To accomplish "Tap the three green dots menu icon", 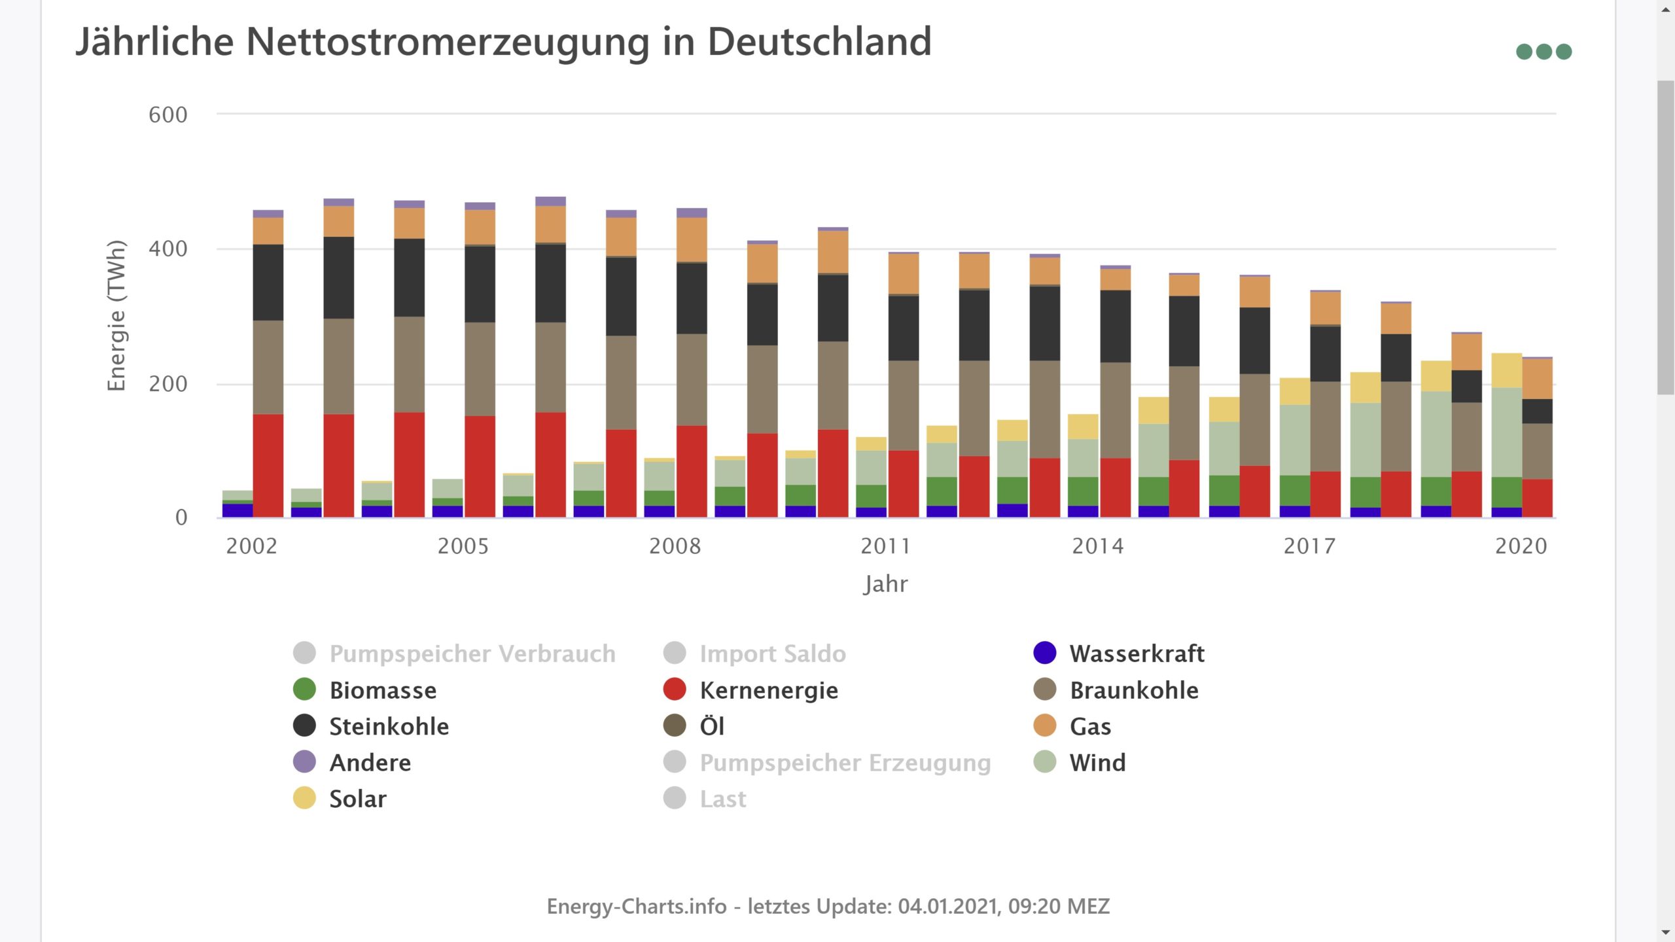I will (x=1543, y=52).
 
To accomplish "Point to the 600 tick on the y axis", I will (x=168, y=115).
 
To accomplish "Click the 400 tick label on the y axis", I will (x=168, y=249).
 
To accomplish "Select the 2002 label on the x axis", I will (x=252, y=546).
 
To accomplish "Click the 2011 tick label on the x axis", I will (x=886, y=546).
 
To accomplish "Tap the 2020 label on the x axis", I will (x=1521, y=546).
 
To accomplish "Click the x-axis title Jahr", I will (x=886, y=584).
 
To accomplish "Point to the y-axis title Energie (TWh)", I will (x=116, y=316).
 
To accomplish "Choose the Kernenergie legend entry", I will (x=768, y=690).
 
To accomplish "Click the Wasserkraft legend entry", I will (x=1137, y=654).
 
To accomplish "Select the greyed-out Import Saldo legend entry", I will (x=772, y=654).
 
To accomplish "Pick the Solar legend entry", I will (x=357, y=799).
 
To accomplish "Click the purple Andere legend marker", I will (x=304, y=762).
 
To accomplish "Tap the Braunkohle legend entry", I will (x=1134, y=690).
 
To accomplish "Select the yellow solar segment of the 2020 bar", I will (x=1506, y=370).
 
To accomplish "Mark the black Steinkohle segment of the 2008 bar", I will (x=692, y=298).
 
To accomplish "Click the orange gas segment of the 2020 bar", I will (x=1537, y=379).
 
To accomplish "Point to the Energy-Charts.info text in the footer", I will (x=637, y=906).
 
